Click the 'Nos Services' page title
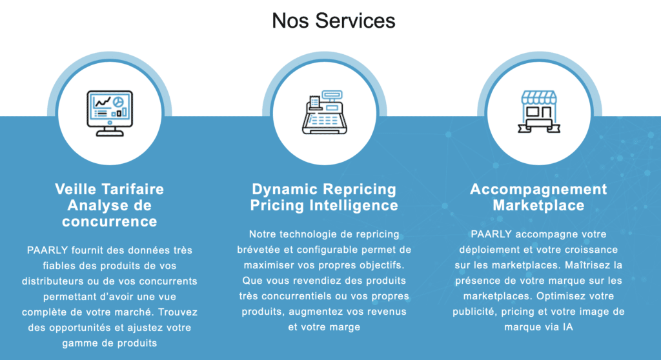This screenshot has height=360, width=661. coord(333,21)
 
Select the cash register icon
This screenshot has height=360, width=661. coord(325,112)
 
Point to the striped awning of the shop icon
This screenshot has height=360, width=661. coord(538,97)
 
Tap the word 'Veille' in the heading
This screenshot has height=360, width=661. coord(76,189)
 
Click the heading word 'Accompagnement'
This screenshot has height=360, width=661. coord(538,189)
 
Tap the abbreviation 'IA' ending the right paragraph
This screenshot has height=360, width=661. coord(566,327)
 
